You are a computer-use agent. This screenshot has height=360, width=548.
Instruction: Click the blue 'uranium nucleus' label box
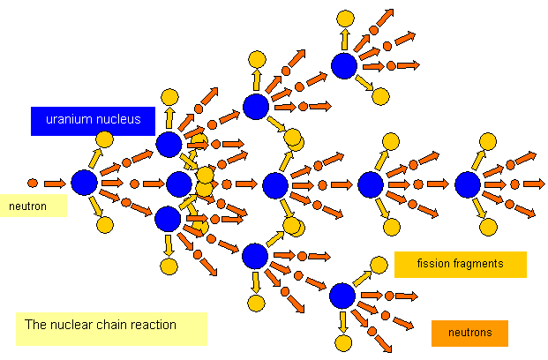click(93, 121)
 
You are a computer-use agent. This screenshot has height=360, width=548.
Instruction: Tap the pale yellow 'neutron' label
click(34, 206)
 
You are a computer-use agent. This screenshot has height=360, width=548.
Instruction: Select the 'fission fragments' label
click(460, 264)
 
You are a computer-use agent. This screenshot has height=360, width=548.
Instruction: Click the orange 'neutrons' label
click(470, 333)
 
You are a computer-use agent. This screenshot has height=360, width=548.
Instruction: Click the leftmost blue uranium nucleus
click(84, 183)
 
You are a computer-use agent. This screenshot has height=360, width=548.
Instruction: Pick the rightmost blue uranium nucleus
click(468, 184)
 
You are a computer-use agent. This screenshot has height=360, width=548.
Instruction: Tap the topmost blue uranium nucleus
click(344, 65)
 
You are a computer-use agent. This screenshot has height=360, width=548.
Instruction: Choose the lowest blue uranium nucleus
click(342, 295)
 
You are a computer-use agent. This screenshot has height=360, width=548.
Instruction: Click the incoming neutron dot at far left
click(33, 184)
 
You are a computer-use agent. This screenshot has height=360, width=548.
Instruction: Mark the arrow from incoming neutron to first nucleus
click(55, 184)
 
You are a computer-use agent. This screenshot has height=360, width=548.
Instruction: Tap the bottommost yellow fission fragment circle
click(344, 342)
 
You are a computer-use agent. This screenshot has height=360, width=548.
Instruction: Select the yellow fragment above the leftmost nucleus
click(104, 139)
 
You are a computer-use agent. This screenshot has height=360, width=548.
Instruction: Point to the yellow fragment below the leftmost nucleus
click(105, 225)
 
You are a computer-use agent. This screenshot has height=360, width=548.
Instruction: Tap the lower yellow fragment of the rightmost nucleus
click(487, 227)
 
